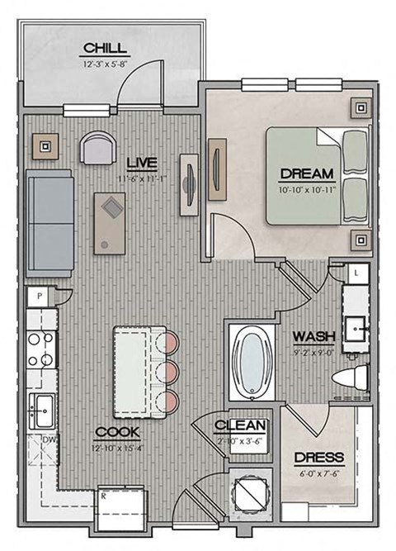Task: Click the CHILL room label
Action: (x=105, y=47)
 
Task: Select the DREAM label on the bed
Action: (x=307, y=173)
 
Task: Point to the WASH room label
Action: (x=313, y=336)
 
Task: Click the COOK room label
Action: (x=116, y=432)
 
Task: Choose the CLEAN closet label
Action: (x=240, y=426)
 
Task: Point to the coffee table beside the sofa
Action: (x=110, y=220)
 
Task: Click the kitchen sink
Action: (x=41, y=407)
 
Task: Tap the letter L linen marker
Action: (x=355, y=272)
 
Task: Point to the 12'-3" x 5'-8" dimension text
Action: (x=105, y=64)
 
